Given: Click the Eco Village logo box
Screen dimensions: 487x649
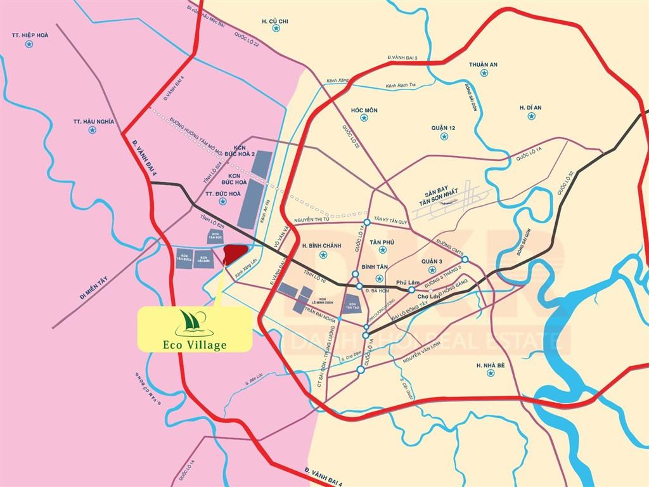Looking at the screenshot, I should click(195, 328).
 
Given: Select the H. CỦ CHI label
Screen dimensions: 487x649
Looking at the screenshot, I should click(275, 22).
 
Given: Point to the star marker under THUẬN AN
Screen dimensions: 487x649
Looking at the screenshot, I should click(484, 74).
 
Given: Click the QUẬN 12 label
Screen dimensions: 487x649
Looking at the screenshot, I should click(444, 128).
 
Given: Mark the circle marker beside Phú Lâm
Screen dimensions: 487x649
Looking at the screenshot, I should click(411, 290).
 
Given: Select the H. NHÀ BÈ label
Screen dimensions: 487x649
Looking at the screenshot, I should click(489, 365).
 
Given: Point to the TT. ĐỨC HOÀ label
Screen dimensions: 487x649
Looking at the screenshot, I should click(222, 193).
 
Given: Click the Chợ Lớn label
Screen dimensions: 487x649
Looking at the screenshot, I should click(430, 296).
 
